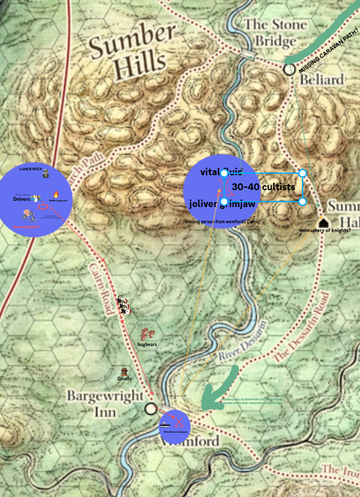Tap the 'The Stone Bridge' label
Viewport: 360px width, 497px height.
tap(275, 33)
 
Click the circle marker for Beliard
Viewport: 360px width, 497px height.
tap(289, 69)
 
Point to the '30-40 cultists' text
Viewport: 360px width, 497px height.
tap(263, 186)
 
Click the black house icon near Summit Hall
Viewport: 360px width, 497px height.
tap(323, 223)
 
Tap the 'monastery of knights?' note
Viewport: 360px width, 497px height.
tap(324, 231)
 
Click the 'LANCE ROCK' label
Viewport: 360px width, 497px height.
tap(30, 169)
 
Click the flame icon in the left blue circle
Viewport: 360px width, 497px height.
tap(56, 195)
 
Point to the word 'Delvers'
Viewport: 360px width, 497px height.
tap(21, 199)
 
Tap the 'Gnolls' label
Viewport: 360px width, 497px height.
tap(124, 379)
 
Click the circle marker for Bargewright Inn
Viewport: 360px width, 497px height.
tap(150, 409)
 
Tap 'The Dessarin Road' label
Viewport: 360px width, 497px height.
tap(299, 327)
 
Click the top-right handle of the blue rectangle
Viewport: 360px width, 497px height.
tap(303, 173)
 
